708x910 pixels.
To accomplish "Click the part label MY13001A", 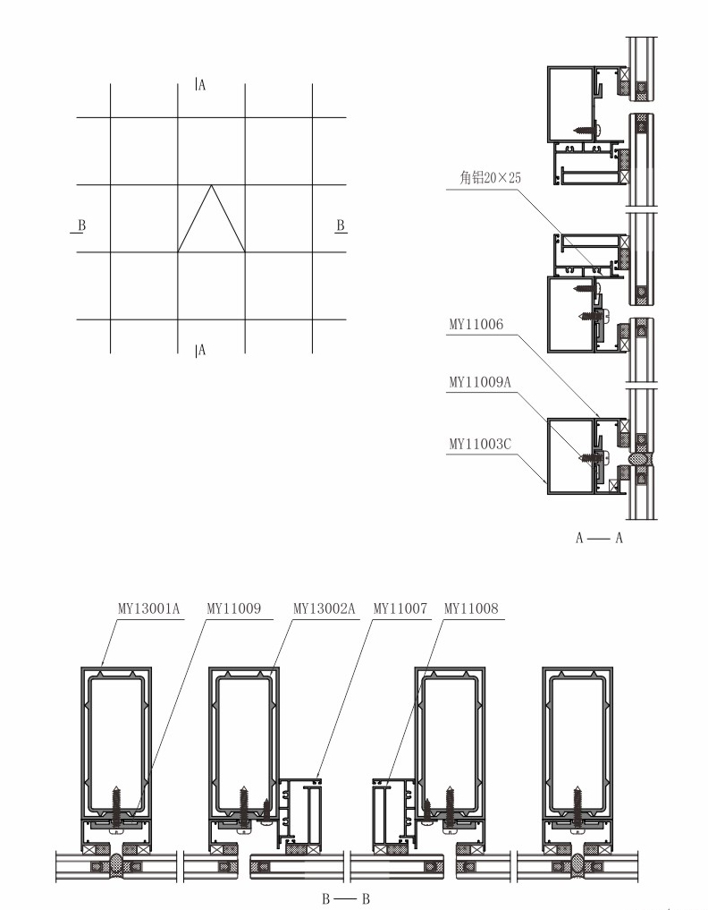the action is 149,608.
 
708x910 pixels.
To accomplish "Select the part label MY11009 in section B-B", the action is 233,608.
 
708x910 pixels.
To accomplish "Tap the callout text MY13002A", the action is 324,608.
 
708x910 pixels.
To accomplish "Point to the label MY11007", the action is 400,608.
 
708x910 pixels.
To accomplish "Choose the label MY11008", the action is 471,608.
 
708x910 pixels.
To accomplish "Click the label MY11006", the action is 476,325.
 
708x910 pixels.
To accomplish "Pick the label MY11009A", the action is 480,382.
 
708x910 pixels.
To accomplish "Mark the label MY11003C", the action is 480,445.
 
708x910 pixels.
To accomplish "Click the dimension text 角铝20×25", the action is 490,177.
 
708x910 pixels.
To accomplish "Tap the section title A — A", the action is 599,538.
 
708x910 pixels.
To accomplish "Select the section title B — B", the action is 346,899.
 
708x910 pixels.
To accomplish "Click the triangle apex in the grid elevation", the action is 211,185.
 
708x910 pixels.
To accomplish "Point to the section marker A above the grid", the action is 200,85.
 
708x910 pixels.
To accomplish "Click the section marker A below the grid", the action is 200,350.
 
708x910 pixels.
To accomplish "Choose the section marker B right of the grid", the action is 341,225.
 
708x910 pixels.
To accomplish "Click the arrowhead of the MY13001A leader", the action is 102,665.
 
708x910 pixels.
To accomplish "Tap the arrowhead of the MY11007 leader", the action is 317,776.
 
